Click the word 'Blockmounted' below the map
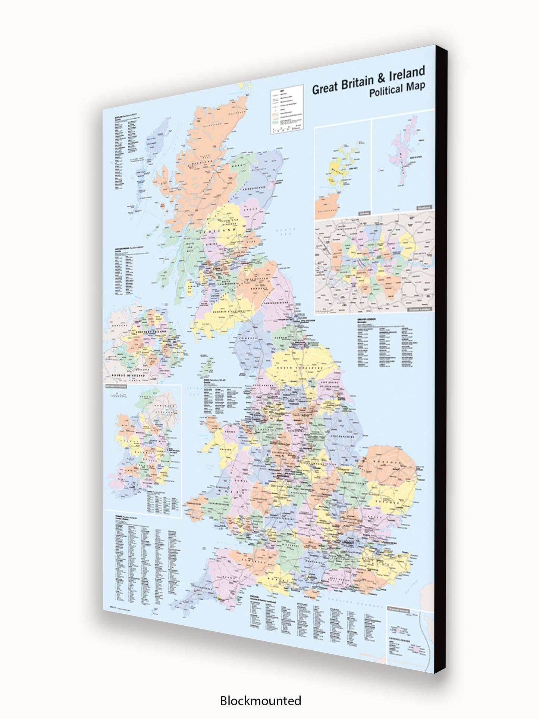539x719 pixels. (260, 700)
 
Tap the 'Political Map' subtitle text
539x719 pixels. (397, 89)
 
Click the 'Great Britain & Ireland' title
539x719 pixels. (368, 80)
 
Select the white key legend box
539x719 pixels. (286, 109)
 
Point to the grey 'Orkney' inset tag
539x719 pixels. (364, 213)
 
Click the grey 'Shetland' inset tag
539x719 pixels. (424, 207)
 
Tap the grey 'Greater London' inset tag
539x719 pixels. (420, 309)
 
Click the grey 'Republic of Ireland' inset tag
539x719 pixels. (116, 386)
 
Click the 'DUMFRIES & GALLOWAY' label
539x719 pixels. (229, 311)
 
